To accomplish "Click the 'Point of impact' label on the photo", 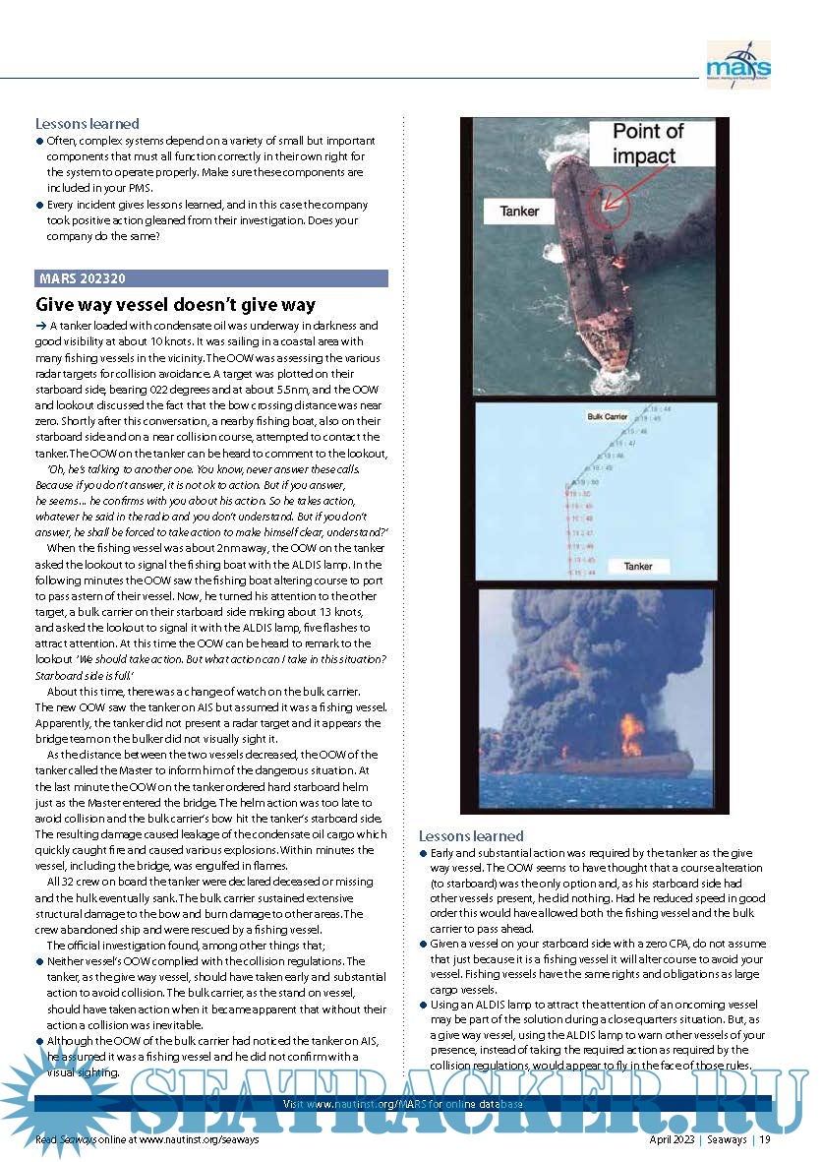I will (648, 144).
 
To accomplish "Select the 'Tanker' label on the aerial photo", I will (519, 211).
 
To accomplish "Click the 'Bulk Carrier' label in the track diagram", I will (607, 417).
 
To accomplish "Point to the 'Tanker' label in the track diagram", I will (638, 566).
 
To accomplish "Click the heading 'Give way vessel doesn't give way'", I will (175, 305).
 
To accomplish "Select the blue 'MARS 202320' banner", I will (211, 278).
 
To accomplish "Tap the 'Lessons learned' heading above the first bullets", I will (87, 124).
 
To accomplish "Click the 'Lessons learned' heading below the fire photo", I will (471, 835).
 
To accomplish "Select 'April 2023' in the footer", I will (673, 1139).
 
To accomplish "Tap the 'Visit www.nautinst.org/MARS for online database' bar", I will (403, 1104).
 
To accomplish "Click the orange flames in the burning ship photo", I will (631, 732).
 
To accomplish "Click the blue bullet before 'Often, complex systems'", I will (39, 142).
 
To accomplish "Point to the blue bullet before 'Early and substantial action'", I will (424, 854).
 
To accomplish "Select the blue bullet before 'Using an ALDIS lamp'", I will (424, 1006).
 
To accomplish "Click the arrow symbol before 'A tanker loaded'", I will (40, 326).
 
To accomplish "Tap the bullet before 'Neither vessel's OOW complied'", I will (39, 961).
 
